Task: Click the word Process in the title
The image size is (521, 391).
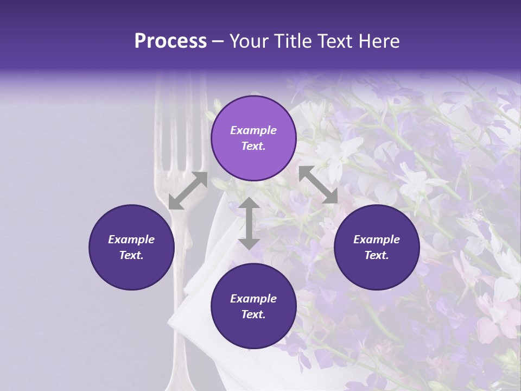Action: (170, 41)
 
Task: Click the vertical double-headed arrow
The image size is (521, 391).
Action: (249, 223)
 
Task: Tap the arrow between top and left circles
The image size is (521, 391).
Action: (188, 191)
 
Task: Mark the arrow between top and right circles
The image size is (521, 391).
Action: (318, 185)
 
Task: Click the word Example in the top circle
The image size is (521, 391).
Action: (253, 130)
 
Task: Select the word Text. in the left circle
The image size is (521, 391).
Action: (131, 255)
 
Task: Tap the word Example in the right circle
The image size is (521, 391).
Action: (377, 239)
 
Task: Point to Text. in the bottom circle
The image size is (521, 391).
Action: (253, 314)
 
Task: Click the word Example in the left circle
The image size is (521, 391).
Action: (131, 239)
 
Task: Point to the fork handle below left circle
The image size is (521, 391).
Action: (185, 337)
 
